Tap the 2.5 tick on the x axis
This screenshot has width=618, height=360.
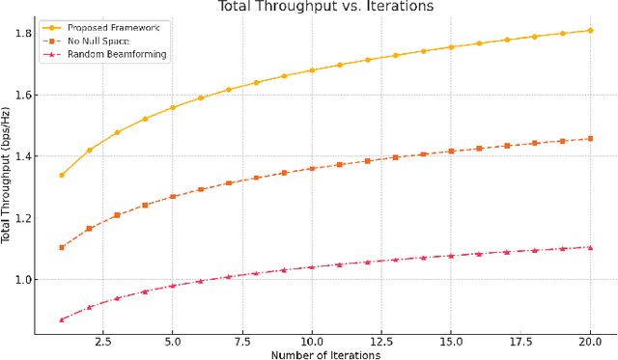pos(103,341)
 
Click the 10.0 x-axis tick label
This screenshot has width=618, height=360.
pos(312,341)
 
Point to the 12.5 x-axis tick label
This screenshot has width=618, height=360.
pos(381,341)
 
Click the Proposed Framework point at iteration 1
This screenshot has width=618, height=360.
pos(62,175)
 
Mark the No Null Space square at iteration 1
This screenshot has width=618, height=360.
pos(62,247)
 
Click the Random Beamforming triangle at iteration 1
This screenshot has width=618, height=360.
pos(62,319)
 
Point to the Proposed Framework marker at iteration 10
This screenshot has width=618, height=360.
pos(312,70)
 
